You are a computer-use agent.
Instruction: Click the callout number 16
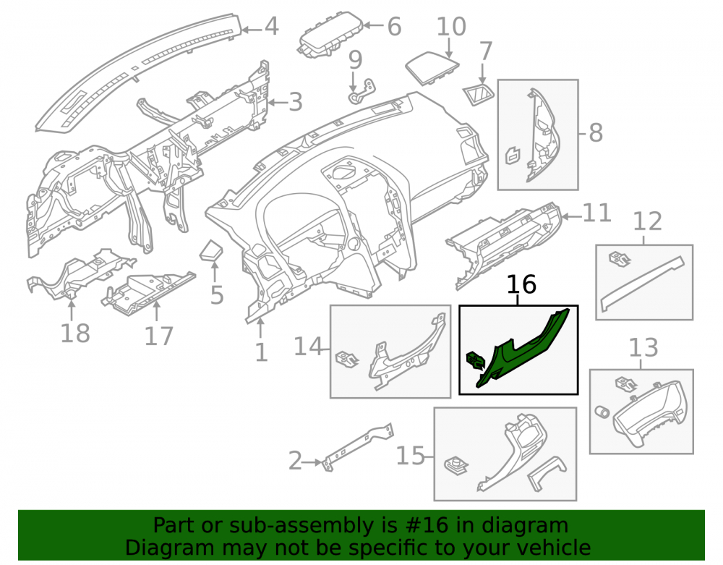[521, 284]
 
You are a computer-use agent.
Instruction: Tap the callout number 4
[272, 26]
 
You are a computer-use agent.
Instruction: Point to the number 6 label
[394, 26]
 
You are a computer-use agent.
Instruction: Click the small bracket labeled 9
[361, 92]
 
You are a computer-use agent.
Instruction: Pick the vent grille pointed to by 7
[478, 95]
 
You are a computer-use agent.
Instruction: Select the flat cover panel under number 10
[432, 68]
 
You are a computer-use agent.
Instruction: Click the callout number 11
[597, 213]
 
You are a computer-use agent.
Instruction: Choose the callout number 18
[75, 333]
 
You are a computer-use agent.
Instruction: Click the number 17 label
[158, 336]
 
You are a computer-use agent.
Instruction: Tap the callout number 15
[411, 456]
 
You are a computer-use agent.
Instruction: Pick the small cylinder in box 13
[603, 412]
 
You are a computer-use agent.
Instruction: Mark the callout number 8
[596, 133]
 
